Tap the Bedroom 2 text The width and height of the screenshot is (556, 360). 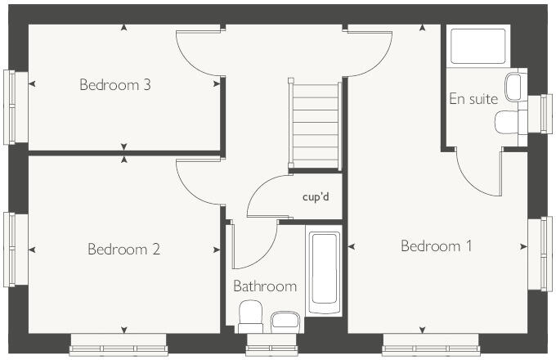[x=123, y=250]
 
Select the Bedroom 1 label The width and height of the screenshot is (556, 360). [x=436, y=245]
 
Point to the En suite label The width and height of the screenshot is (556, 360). [x=473, y=99]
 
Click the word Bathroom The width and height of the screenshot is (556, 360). [x=264, y=286]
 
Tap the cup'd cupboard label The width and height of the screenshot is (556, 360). [x=315, y=198]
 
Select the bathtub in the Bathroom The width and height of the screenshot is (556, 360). [x=324, y=270]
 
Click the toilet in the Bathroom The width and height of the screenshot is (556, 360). [x=249, y=315]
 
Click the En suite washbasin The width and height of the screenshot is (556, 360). [x=514, y=87]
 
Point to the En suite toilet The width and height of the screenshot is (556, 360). [x=508, y=122]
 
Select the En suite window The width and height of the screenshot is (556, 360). [x=546, y=113]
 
